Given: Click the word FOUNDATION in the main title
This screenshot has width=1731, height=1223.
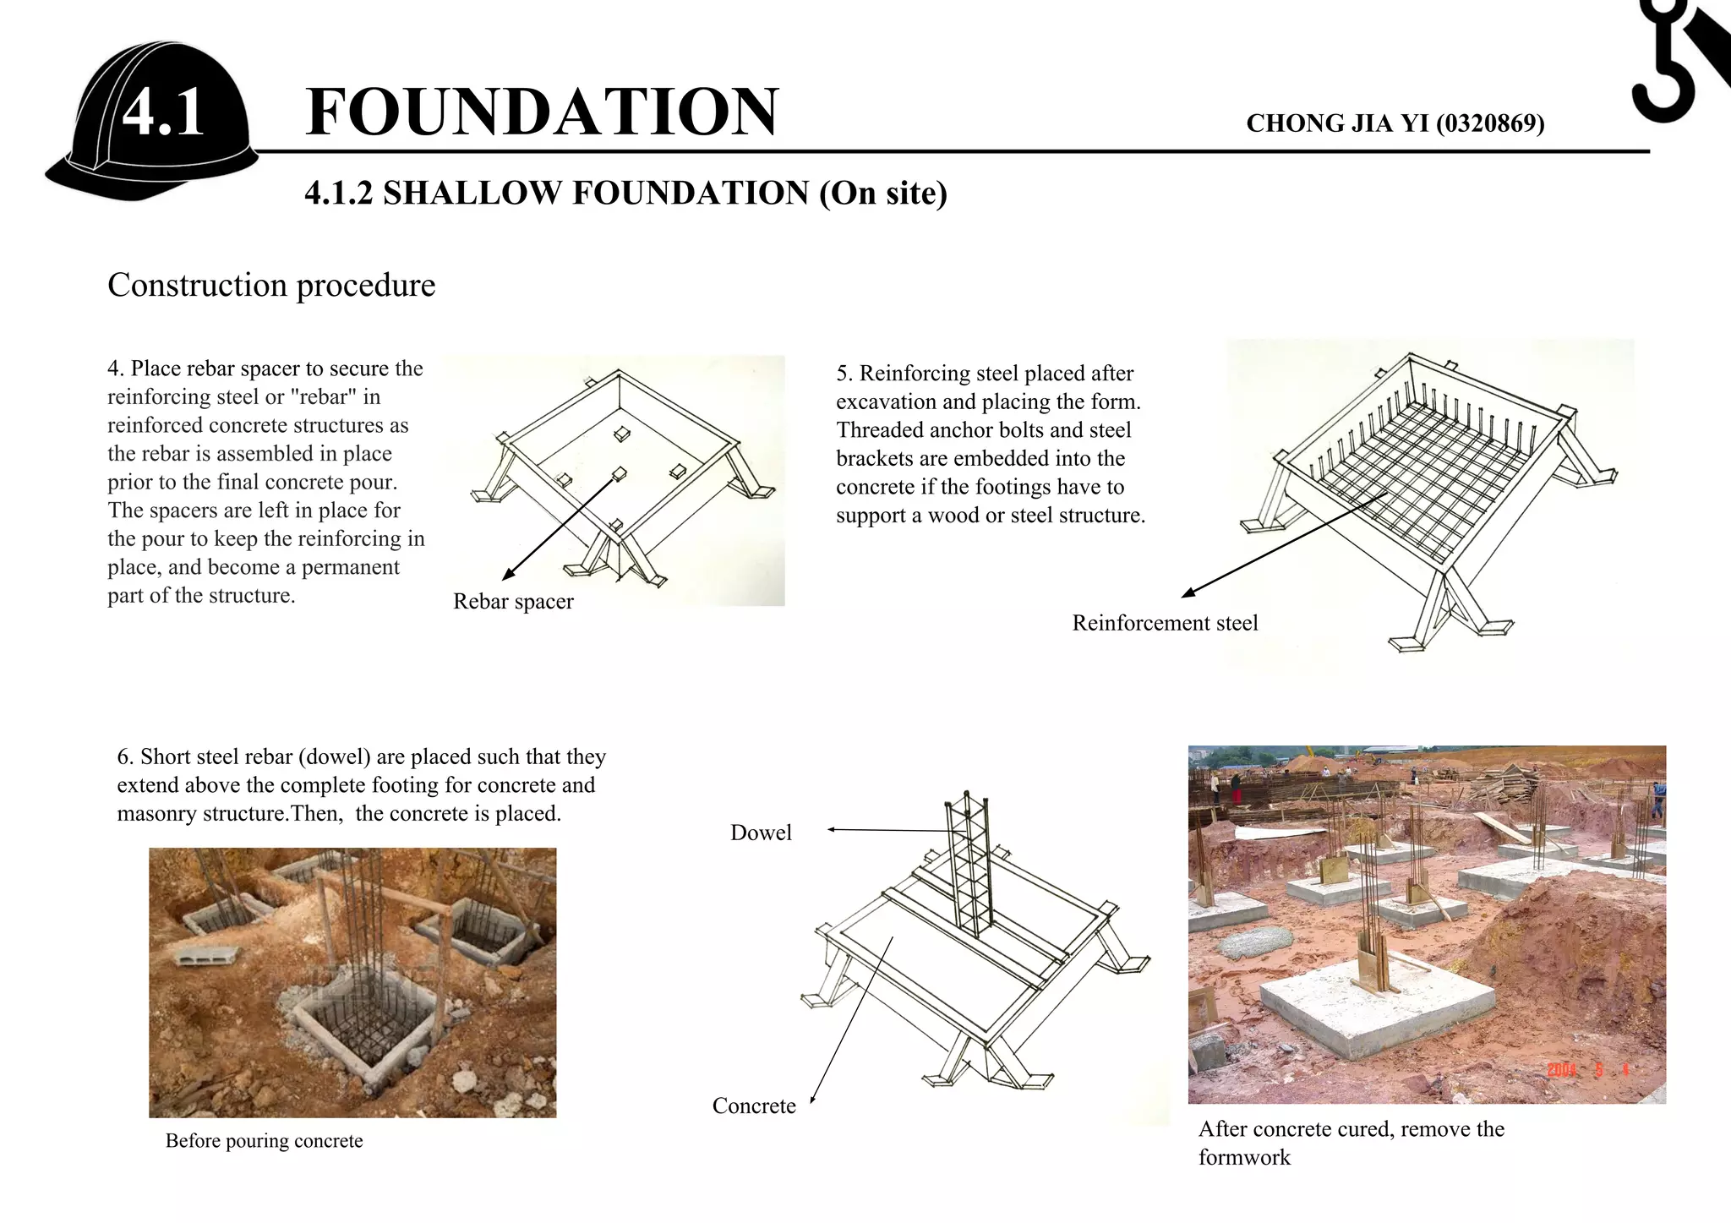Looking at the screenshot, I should [541, 112].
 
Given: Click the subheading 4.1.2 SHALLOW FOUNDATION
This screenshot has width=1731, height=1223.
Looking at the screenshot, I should [625, 194].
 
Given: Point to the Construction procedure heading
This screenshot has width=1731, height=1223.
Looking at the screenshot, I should [271, 286].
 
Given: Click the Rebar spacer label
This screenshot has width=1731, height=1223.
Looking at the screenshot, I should [513, 602].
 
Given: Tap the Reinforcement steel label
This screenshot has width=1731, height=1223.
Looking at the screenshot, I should [1165, 624].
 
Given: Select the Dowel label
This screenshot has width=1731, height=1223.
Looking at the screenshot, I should [761, 833].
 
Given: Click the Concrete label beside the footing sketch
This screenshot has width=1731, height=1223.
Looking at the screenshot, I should [754, 1106].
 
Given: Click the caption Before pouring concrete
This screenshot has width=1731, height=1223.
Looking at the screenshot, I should [264, 1141].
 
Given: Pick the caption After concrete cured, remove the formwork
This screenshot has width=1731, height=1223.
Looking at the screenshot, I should [1351, 1143].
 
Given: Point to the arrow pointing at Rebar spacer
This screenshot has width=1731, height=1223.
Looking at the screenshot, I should [558, 528].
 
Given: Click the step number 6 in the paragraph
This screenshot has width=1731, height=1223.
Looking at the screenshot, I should [123, 757].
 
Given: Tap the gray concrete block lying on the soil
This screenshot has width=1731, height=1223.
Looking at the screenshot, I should [196, 956].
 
